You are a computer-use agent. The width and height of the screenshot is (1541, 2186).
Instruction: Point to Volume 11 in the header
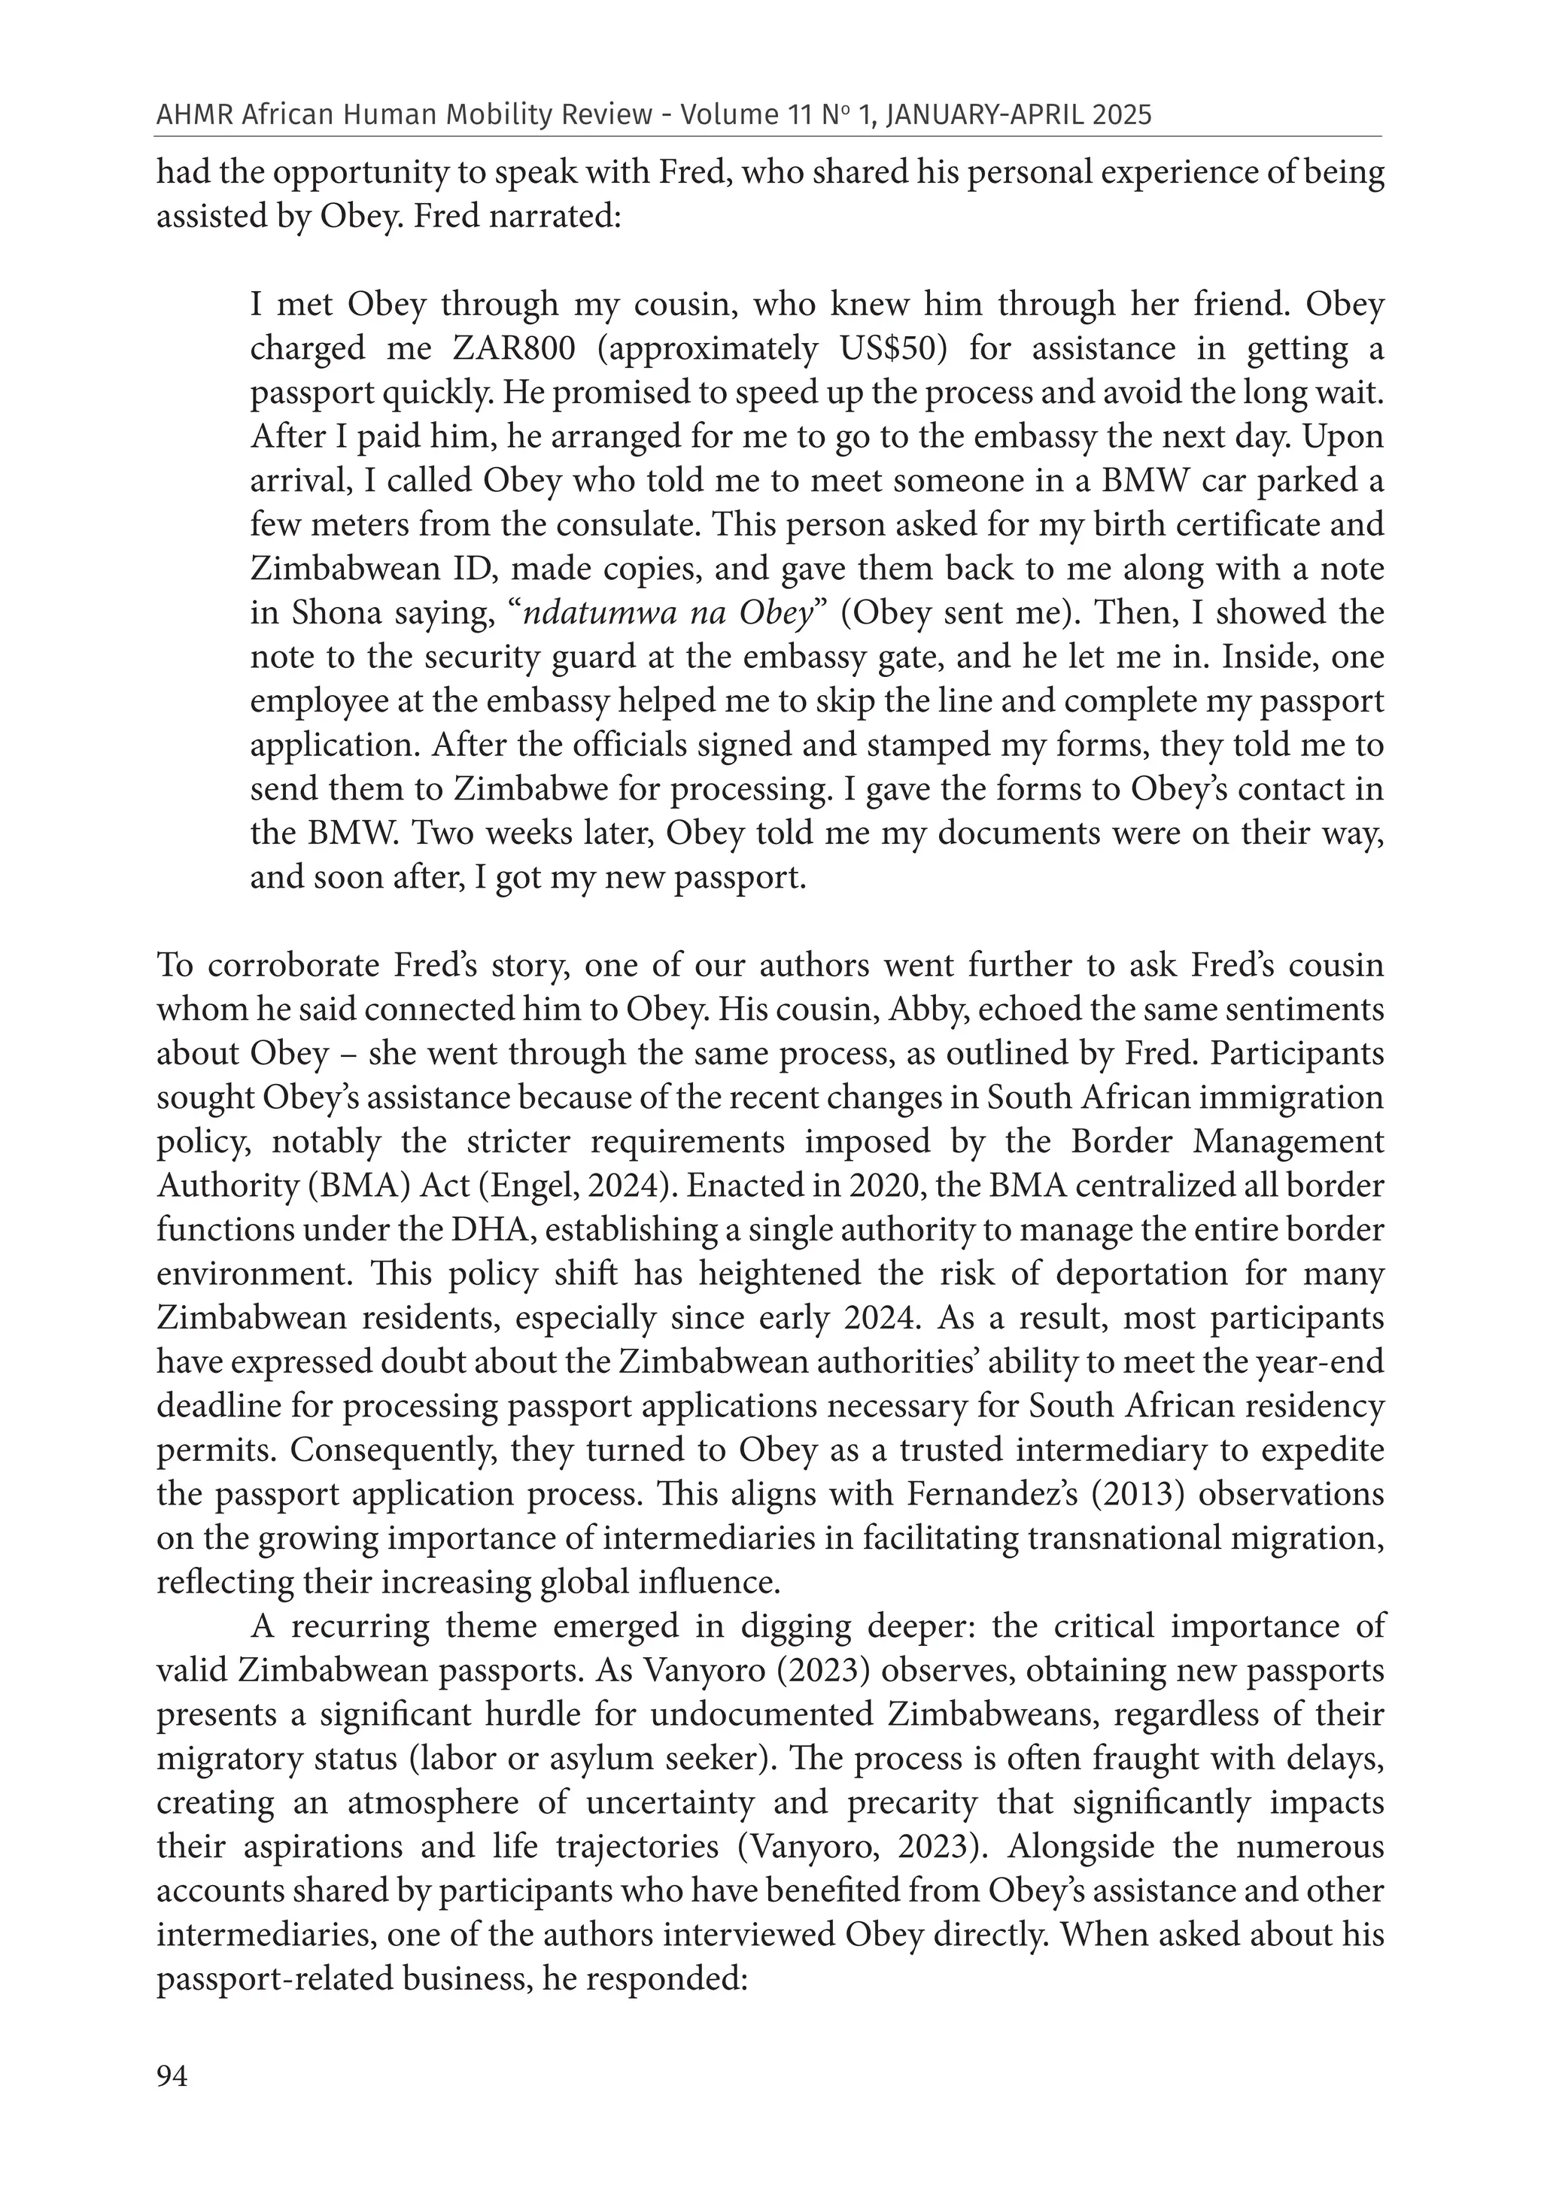pos(746,115)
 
